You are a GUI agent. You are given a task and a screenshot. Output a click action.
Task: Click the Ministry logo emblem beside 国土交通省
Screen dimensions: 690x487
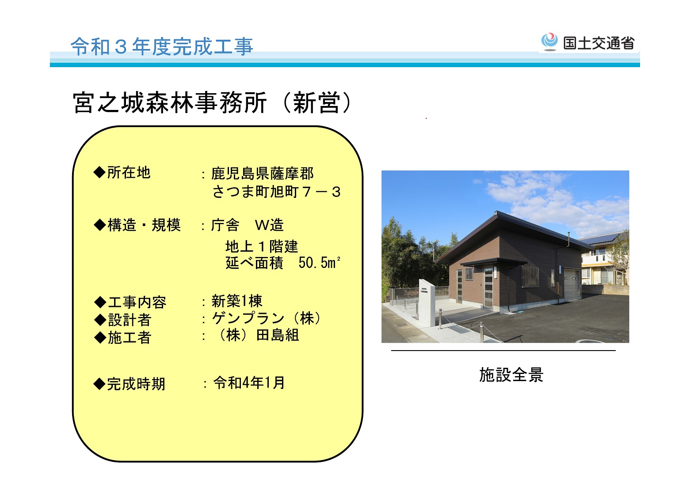coord(549,42)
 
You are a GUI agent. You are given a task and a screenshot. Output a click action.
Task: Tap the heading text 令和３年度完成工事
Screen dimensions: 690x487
coord(162,47)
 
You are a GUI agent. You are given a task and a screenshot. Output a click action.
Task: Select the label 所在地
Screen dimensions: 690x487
coord(129,172)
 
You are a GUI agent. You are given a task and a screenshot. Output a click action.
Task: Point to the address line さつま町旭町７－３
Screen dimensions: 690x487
coord(276,192)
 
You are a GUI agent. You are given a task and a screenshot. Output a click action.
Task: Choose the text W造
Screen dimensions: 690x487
coord(269,225)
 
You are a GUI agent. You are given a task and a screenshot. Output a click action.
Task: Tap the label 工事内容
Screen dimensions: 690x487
coord(137,302)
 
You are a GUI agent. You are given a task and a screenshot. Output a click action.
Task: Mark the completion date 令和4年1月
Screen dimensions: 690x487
coord(249,383)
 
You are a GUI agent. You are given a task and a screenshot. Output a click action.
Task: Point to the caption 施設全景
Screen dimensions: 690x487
coord(511,375)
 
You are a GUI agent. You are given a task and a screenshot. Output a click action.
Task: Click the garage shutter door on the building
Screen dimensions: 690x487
coord(572,284)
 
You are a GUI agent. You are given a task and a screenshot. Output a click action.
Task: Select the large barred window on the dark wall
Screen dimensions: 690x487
coord(530,277)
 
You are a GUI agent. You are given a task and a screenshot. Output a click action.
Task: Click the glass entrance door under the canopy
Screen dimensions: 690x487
coord(488,287)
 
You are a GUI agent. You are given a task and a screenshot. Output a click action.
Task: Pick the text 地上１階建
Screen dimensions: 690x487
coord(262,246)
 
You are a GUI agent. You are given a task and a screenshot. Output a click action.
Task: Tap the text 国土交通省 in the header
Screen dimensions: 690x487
coord(599,43)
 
